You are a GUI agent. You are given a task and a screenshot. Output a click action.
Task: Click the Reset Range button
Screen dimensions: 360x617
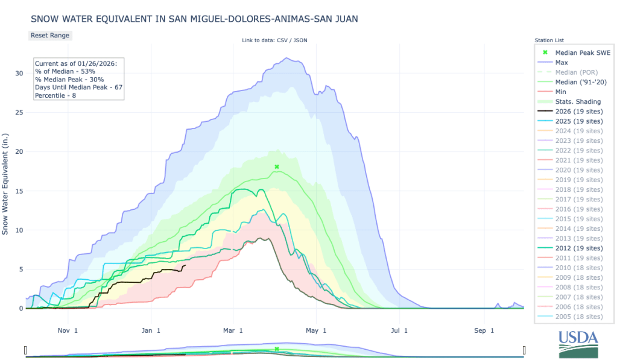click(50, 35)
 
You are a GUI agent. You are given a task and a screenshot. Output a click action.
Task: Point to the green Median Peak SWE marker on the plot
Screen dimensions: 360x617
click(277, 166)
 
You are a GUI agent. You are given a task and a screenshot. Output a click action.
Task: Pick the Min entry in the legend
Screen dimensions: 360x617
click(561, 92)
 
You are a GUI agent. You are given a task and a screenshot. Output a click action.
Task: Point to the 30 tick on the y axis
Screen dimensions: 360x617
click(19, 73)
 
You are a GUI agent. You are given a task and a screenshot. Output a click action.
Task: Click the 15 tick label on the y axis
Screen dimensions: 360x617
click(19, 191)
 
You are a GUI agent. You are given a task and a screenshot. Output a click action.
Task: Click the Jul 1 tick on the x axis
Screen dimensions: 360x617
click(397, 330)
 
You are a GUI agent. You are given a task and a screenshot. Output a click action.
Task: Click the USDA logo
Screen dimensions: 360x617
click(578, 344)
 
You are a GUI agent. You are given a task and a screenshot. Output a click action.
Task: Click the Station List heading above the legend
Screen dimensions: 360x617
click(548, 40)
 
